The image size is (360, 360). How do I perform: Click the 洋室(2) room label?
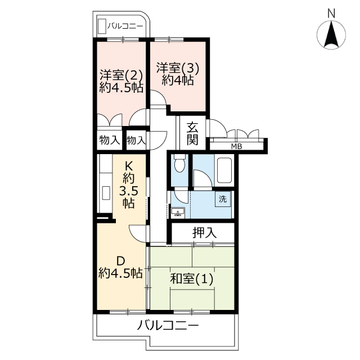(x=121, y=75)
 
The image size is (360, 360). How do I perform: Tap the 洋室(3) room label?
(x=178, y=67)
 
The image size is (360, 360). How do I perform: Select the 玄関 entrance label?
(x=192, y=134)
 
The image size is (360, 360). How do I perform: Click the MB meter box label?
(x=237, y=146)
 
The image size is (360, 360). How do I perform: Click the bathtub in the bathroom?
(x=224, y=170)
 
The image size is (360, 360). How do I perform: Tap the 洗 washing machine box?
(x=223, y=199)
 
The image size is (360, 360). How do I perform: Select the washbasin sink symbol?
(x=178, y=211)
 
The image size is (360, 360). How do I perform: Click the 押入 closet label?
(x=204, y=232)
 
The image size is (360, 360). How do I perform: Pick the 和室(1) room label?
(x=191, y=279)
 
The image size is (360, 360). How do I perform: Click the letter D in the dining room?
(x=121, y=260)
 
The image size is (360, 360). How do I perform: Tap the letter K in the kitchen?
(x=129, y=165)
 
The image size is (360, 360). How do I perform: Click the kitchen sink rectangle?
(x=106, y=193)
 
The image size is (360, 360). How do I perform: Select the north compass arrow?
(x=331, y=34)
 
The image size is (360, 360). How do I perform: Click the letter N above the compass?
(x=331, y=13)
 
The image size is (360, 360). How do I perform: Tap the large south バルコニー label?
(x=168, y=325)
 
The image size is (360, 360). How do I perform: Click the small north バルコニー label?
(x=125, y=26)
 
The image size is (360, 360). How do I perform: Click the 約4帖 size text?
(x=177, y=80)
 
